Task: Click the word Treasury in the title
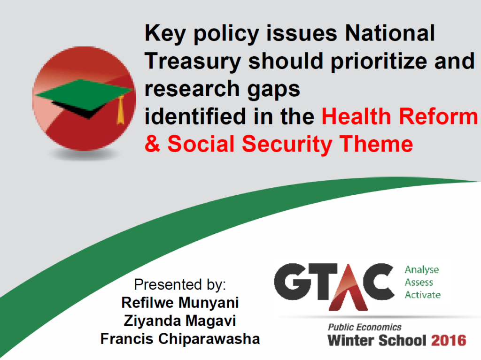pos(193,61)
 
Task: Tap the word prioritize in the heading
pos(379,61)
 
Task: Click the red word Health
pos(357,116)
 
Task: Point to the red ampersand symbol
pos(153,144)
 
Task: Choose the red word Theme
pos(376,144)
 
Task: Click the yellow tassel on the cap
pos(121,110)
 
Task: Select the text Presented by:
pos(180,284)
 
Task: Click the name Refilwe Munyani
pos(180,303)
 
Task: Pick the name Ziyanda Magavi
pos(180,321)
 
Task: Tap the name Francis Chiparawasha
pos(180,339)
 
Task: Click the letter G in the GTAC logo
pos(290,282)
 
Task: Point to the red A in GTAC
pos(348,288)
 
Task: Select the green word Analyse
pos(422,270)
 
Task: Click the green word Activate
pos(423,295)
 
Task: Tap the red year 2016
pos(449,341)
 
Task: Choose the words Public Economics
pos(365,327)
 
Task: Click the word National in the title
pos(390,33)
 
